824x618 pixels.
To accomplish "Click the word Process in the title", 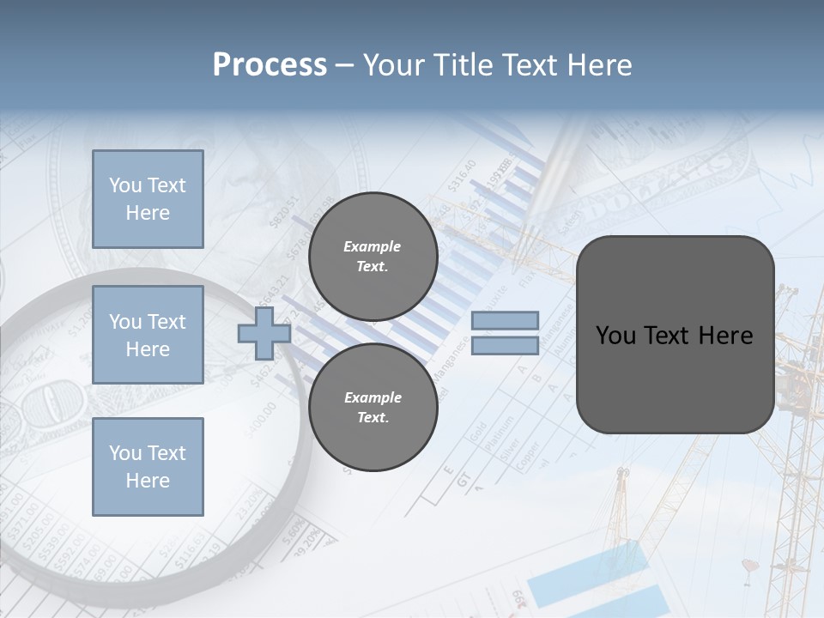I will point(270,65).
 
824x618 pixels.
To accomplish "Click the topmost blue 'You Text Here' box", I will point(148,199).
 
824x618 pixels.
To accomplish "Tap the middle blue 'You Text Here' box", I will point(148,335).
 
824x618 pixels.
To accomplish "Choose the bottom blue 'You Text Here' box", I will point(148,467).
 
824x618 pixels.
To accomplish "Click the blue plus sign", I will point(264,334).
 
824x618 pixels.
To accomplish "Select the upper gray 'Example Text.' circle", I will point(373,257).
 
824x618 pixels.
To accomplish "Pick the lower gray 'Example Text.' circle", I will point(373,408).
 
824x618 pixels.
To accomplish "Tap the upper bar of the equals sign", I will point(505,320).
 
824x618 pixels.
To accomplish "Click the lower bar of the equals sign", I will point(505,346).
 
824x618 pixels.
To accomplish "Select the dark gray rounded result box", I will point(675,335).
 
